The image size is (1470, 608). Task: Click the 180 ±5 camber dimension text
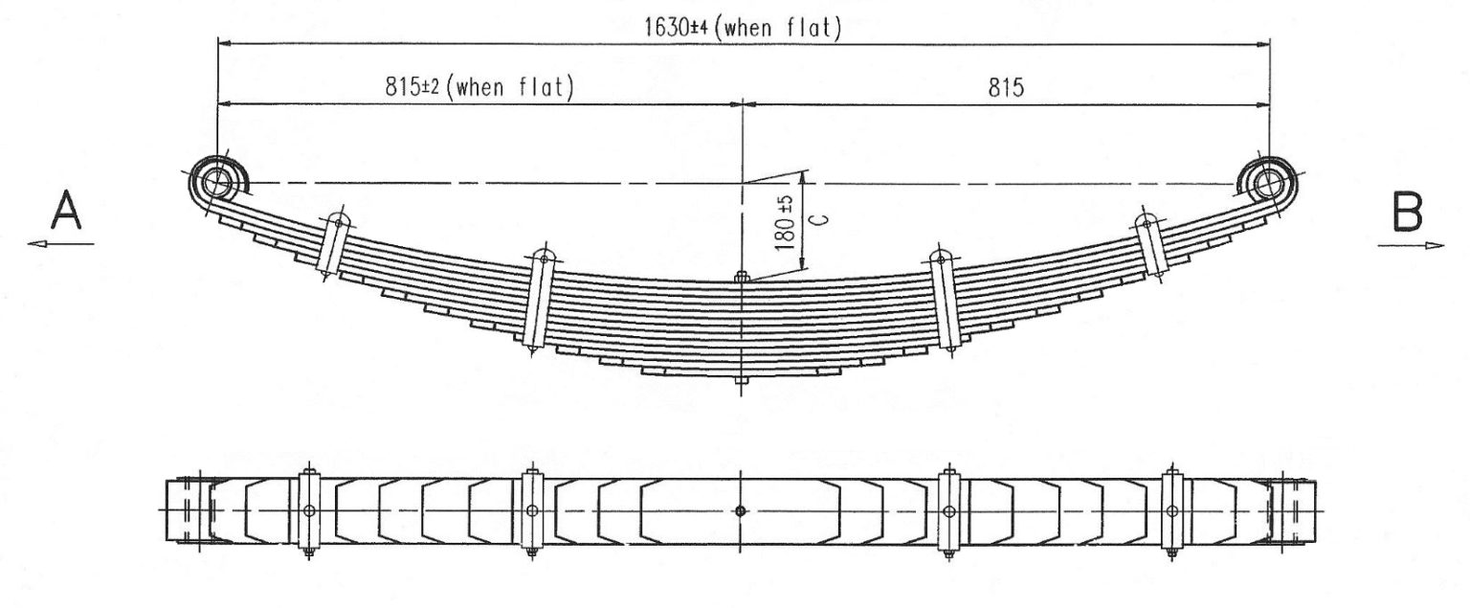[785, 223]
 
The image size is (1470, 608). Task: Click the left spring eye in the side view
[216, 181]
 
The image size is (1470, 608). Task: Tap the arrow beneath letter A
[61, 244]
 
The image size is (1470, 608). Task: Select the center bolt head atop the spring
[741, 277]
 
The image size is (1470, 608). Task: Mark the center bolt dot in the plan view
[740, 511]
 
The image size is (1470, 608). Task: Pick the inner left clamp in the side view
[540, 302]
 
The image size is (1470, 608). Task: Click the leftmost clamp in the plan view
[307, 511]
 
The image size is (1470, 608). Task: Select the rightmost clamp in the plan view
[1169, 511]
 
